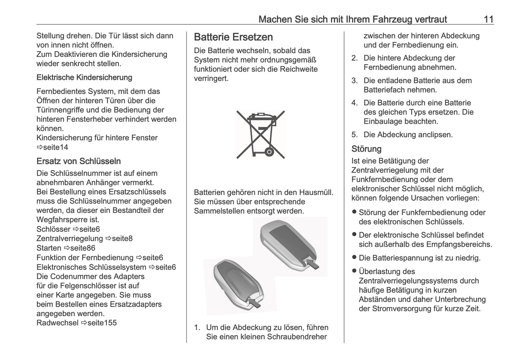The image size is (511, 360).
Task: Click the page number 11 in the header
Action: click(x=488, y=19)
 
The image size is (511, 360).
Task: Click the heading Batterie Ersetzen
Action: click(x=233, y=37)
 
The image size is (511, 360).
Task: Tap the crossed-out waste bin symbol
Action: click(x=261, y=134)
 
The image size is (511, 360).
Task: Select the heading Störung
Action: click(x=366, y=149)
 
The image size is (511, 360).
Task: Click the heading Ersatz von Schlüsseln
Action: click(x=79, y=161)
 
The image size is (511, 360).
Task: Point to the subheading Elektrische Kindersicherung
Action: click(x=84, y=77)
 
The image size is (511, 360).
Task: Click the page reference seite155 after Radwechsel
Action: click(x=102, y=323)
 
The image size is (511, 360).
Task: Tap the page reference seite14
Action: click(x=56, y=147)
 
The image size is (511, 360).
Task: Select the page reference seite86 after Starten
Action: click(x=82, y=248)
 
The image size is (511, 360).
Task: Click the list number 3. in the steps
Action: click(x=354, y=81)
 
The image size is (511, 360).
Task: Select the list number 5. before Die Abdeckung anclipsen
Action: click(x=354, y=135)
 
